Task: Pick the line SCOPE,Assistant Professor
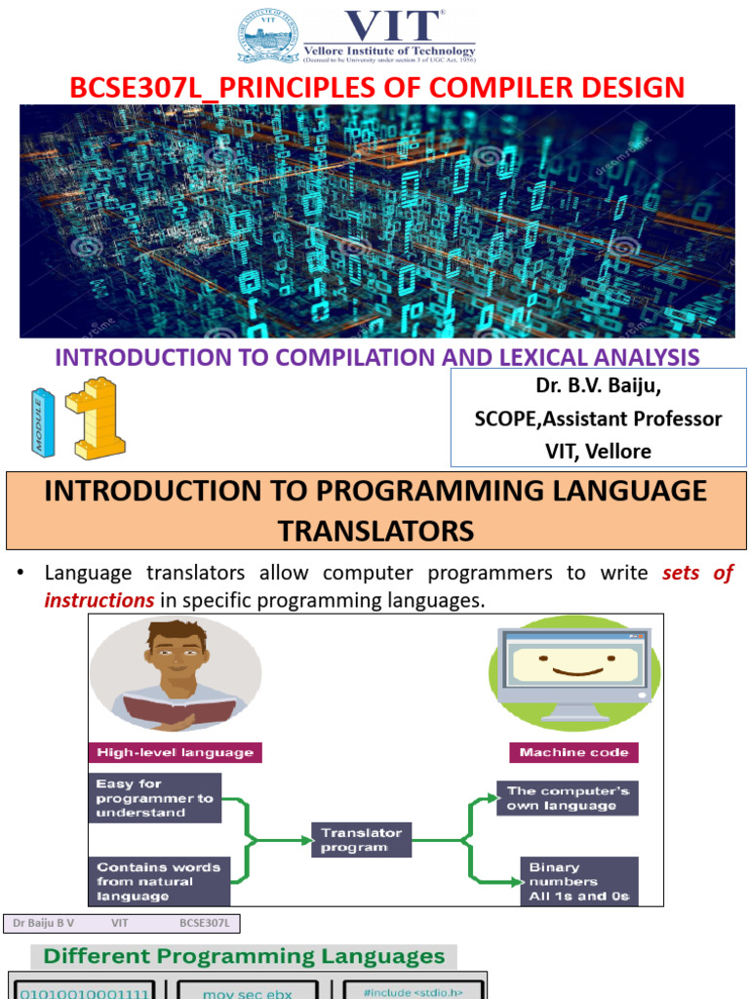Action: (x=598, y=419)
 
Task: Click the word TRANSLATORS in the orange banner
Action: (x=375, y=531)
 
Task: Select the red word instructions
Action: (x=99, y=600)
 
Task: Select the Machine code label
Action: (x=573, y=752)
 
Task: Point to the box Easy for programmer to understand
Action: (x=155, y=797)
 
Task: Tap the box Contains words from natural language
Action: (x=159, y=881)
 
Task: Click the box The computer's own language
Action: (x=567, y=798)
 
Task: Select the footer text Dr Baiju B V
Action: (x=44, y=922)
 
